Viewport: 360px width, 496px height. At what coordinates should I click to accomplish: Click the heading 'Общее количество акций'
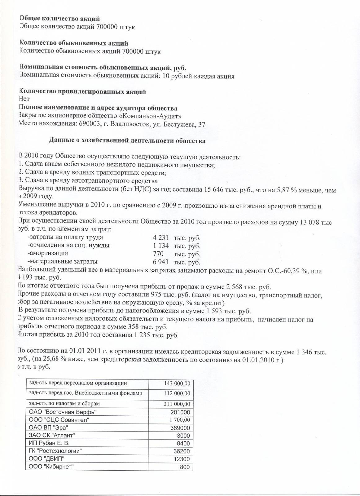pos(60,19)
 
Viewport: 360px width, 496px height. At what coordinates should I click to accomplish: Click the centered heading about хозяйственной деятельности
pos(127,141)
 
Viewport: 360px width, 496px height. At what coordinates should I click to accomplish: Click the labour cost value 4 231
pos(161,237)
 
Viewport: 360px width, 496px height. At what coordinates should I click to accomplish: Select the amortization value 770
pos(158,254)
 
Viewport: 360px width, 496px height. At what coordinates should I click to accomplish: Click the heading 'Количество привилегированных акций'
pos(82,92)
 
